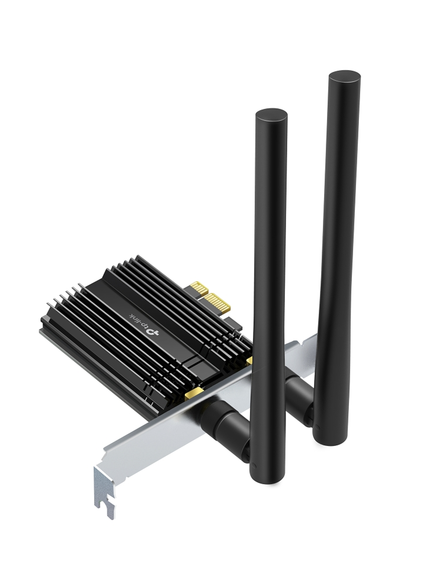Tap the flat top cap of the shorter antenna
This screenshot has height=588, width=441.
[x=271, y=116]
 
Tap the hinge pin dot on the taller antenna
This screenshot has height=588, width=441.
[x=318, y=427]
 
